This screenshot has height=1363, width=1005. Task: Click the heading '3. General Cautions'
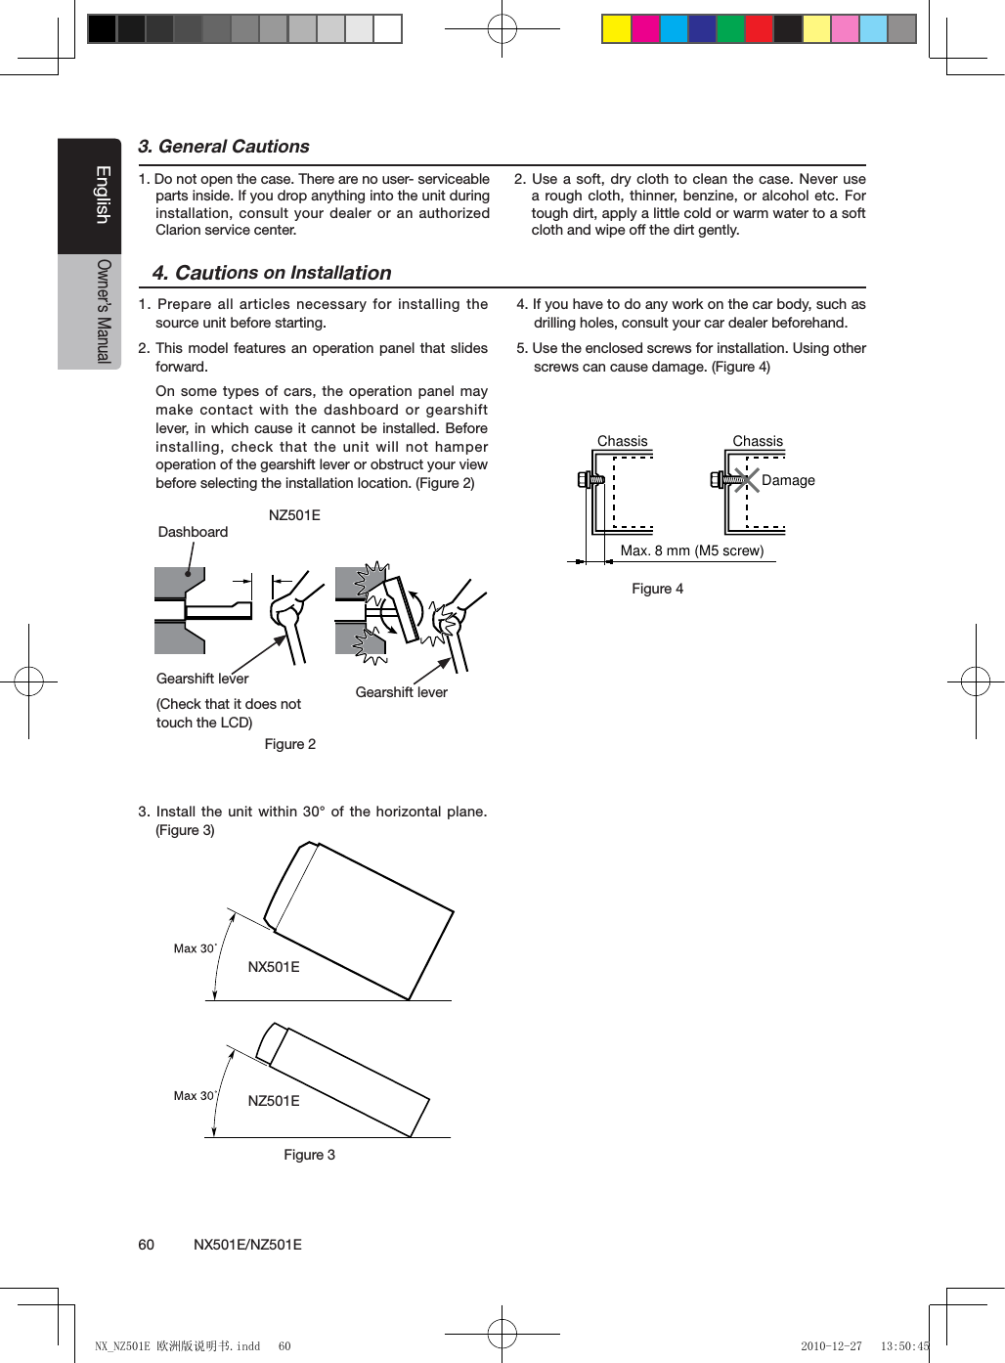pos(223,147)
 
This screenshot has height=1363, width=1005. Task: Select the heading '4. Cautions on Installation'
pos(271,273)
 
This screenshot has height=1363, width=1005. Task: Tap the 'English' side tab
pos(102,195)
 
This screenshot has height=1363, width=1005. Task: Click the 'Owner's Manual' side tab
pos(103,311)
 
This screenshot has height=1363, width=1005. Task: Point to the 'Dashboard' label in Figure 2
pos(193,532)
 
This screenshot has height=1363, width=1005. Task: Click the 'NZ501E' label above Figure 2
pos(293,515)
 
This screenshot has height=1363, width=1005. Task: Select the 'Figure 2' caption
pos(289,744)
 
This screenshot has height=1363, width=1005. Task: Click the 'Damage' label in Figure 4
pos(788,480)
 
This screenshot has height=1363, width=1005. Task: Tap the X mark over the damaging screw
pos(746,479)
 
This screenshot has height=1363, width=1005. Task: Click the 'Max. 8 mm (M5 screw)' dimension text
pos(691,550)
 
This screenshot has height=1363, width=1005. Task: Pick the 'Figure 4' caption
pos(657,589)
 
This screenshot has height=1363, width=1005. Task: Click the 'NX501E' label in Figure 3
pos(273,967)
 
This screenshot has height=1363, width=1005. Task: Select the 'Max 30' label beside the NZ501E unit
pos(194,1096)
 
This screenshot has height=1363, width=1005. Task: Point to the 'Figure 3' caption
pos(309,1155)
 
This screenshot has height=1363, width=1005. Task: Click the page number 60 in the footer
pos(146,1245)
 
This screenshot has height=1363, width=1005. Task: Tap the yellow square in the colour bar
pos(616,29)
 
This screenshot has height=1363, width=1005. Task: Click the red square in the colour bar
pos(759,29)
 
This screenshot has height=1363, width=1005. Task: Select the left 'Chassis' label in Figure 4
pos(622,441)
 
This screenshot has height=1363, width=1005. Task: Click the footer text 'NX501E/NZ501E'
pos(247,1245)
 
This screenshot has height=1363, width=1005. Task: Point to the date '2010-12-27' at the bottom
pos(831,1346)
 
